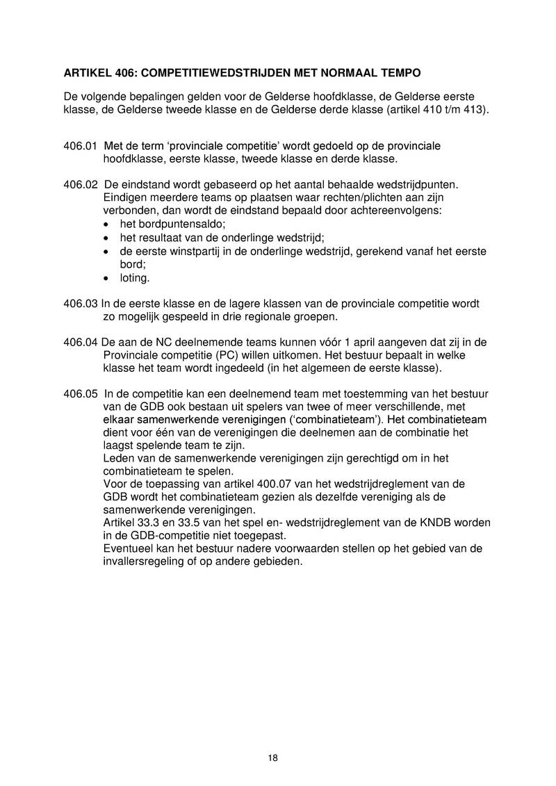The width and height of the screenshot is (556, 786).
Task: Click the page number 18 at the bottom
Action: [272, 758]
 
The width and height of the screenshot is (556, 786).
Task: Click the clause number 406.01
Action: [80, 146]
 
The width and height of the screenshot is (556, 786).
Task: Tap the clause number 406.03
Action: [80, 304]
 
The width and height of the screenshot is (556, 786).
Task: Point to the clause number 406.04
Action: [80, 342]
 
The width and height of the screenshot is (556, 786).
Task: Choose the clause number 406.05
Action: [80, 393]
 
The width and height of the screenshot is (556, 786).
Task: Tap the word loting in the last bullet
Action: [135, 277]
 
